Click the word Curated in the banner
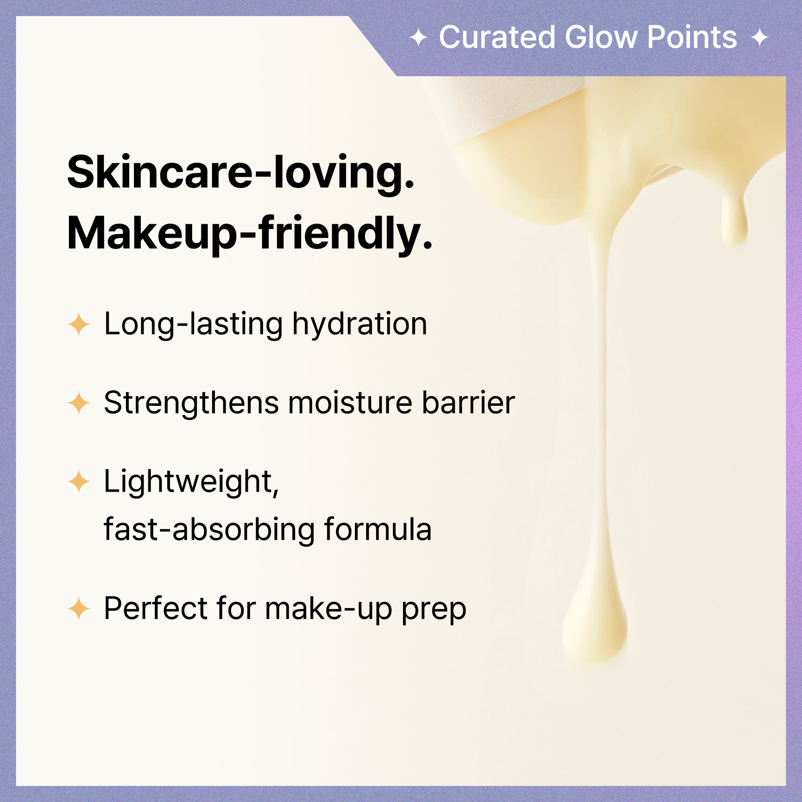tap(497, 37)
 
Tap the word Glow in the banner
tap(601, 37)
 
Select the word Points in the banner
tap(692, 37)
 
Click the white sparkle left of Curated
tap(418, 38)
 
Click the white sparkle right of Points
tap(759, 38)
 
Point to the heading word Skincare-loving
tap(241, 172)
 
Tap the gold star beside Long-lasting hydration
tap(79, 324)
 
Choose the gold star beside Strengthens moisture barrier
tap(79, 403)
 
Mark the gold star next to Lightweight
tap(79, 482)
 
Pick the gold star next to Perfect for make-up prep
tap(79, 609)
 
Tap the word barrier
tap(468, 402)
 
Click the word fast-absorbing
tap(210, 529)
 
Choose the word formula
tap(378, 529)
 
